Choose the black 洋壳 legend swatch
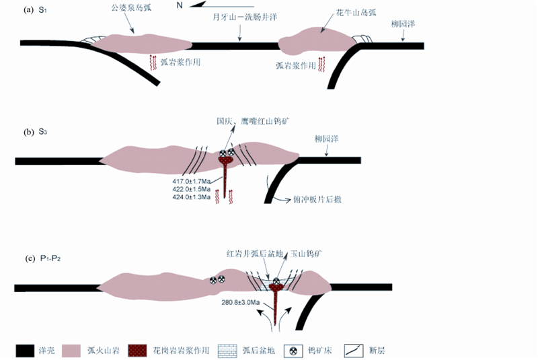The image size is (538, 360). tap(26, 351)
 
